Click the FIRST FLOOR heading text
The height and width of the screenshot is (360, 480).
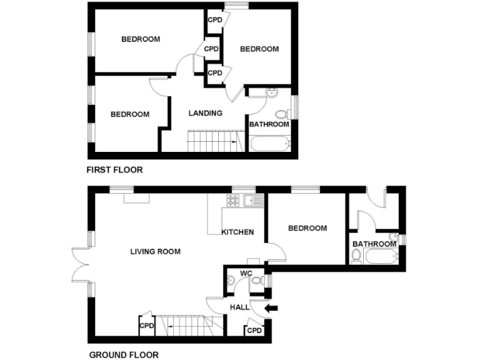coord(114,169)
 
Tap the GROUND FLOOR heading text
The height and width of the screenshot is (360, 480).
coord(123,354)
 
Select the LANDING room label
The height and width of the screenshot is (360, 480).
coord(206,113)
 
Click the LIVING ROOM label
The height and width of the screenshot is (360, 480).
coord(155,252)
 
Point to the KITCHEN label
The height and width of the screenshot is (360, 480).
coord(237,232)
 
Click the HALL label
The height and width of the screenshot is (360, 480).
coord(239,307)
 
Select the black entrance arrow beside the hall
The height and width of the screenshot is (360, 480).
coord(272,307)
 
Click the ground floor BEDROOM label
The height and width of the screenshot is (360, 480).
coord(307,228)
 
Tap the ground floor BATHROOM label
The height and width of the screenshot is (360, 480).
coord(374,244)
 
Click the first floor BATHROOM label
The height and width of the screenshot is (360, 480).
coord(269,124)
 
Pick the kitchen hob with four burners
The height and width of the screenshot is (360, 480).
coord(234,200)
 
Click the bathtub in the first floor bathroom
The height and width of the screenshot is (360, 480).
coord(270,144)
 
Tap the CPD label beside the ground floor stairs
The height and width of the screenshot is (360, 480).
coord(147,326)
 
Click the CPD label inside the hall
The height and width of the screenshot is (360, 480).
coord(254,330)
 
